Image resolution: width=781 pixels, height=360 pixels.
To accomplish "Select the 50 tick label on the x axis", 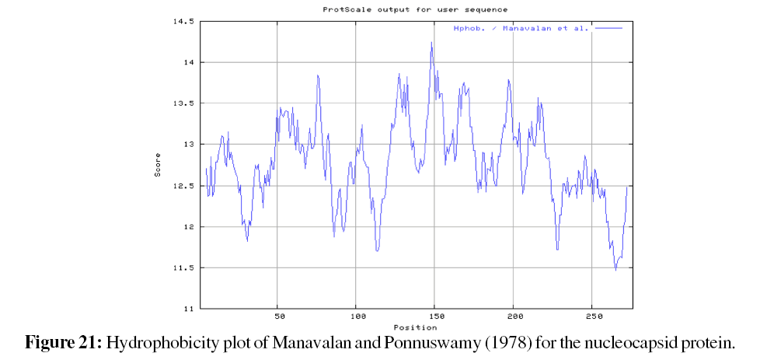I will point(279,317).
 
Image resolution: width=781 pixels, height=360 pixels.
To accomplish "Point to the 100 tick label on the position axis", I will point(357,317).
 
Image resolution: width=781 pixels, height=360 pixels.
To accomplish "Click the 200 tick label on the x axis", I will point(514,317).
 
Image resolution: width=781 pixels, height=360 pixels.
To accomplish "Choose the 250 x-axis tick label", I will point(592,317).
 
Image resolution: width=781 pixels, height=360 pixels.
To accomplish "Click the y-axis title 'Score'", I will point(159,165).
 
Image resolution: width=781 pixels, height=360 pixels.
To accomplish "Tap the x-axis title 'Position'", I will point(410,327).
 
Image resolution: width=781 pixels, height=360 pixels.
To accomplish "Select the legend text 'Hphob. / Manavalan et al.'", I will point(521,28).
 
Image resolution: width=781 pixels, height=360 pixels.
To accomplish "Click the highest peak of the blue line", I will point(431,42).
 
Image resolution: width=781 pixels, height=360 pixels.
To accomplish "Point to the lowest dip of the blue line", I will point(615,270).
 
